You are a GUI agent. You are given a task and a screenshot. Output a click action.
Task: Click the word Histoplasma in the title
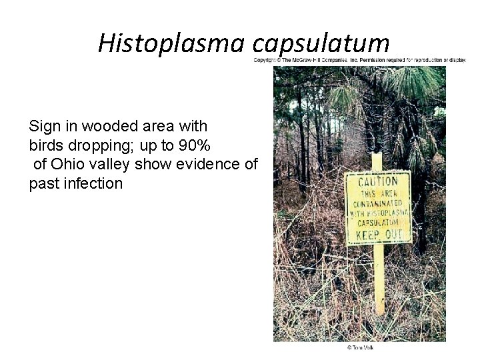click(x=172, y=43)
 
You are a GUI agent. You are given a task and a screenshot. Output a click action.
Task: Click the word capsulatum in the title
click(x=321, y=43)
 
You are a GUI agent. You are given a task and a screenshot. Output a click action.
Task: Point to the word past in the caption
click(x=45, y=183)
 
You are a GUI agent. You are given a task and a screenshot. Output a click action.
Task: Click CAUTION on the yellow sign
click(x=378, y=181)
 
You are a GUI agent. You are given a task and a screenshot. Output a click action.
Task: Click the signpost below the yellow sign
click(x=379, y=280)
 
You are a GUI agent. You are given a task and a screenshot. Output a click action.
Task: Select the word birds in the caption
click(x=46, y=145)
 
